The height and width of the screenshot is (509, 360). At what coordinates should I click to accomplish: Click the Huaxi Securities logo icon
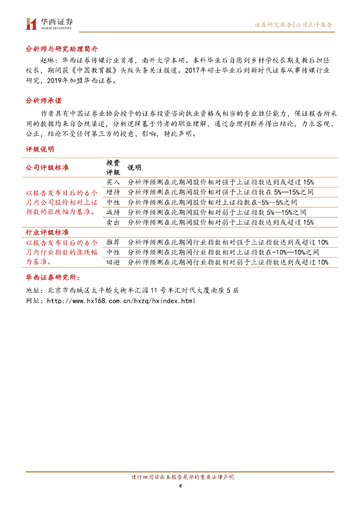point(31,23)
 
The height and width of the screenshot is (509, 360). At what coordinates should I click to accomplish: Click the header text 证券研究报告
point(273,24)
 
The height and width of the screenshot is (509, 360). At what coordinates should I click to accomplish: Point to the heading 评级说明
point(40,149)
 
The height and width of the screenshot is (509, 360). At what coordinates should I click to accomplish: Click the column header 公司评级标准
point(47,168)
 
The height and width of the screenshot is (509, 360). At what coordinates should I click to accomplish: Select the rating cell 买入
point(113,182)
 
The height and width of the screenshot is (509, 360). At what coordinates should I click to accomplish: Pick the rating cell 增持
point(113,192)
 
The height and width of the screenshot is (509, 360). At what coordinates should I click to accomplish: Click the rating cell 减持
point(113,212)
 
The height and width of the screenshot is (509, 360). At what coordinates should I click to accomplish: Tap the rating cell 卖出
point(113,222)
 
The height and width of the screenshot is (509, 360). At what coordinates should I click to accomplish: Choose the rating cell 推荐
point(113,242)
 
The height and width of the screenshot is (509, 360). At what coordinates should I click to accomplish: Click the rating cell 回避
point(113,262)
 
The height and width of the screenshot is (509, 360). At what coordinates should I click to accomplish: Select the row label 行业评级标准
point(47,232)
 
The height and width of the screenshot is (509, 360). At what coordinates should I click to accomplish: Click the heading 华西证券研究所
point(52,277)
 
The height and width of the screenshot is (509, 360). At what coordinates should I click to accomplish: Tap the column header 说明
point(135,168)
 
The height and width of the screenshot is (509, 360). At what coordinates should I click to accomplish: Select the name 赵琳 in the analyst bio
point(46,60)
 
